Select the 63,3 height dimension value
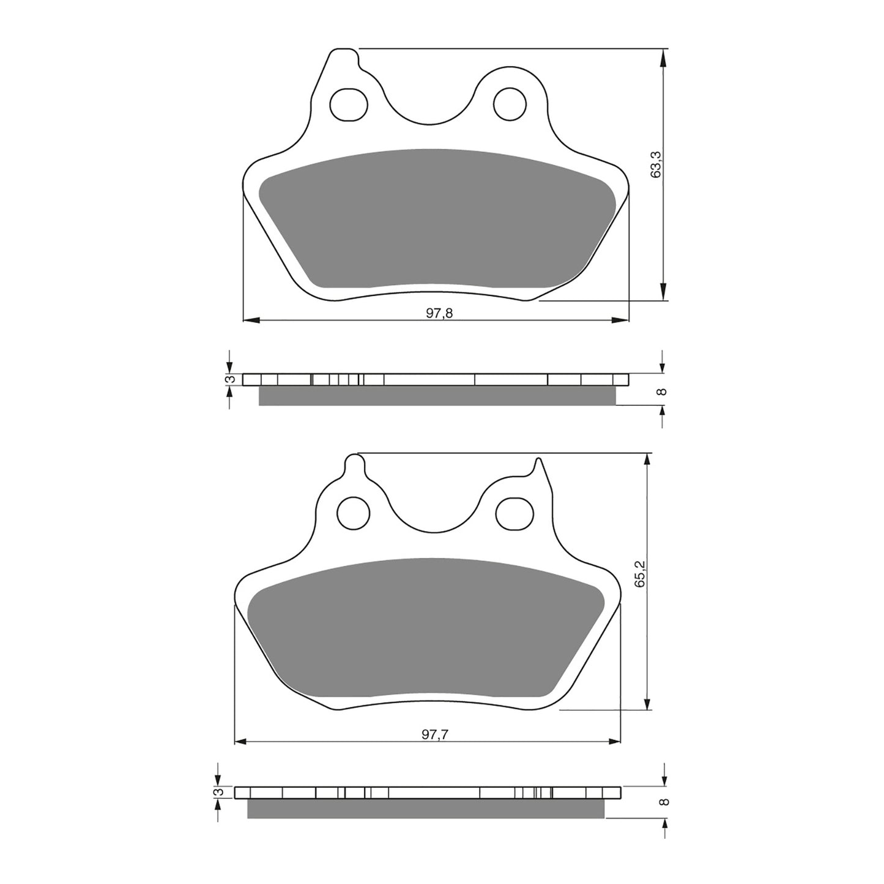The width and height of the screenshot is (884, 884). (656, 165)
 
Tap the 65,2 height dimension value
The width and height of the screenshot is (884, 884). (639, 574)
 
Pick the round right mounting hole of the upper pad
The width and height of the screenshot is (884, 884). (510, 103)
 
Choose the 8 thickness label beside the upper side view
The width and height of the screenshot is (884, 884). (661, 392)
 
